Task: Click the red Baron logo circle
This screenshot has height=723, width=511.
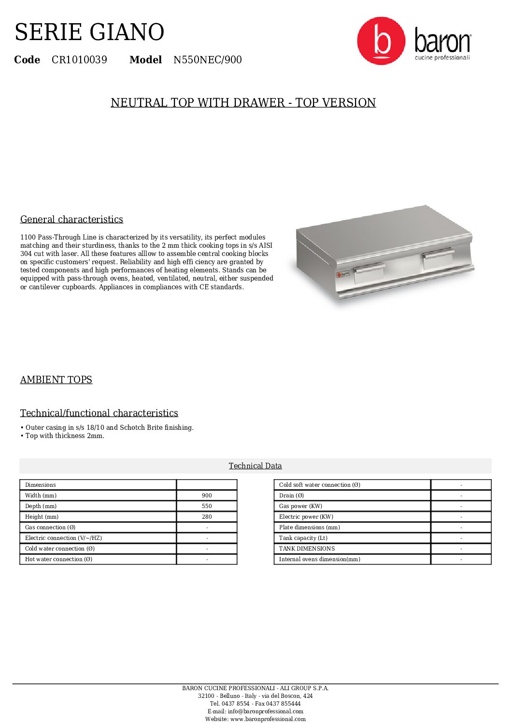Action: point(381,41)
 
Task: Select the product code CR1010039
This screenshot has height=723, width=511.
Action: point(79,60)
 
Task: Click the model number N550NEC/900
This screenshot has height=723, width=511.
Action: point(207,60)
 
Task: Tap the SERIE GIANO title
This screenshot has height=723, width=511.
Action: point(89,32)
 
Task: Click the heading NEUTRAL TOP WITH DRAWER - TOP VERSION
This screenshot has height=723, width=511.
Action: point(243,103)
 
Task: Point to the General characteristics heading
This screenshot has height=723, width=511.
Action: point(71,219)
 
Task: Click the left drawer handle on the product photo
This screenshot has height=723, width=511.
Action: point(369,267)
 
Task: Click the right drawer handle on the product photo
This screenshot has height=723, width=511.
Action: point(438,253)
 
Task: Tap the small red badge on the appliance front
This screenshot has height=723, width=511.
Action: point(343,274)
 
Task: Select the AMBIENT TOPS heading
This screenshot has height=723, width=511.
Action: point(56,380)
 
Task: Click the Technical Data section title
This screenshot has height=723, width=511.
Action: point(255,466)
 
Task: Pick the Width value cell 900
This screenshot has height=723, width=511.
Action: point(207,496)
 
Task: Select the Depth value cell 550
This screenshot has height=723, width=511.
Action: point(207,506)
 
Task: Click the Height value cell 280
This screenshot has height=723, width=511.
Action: point(207,517)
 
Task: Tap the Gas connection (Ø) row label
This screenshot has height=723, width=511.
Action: point(50,527)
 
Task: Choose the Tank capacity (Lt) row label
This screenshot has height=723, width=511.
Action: point(303,538)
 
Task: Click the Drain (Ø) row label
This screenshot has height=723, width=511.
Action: point(291,496)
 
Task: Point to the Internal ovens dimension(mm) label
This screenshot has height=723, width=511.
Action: point(319,559)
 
